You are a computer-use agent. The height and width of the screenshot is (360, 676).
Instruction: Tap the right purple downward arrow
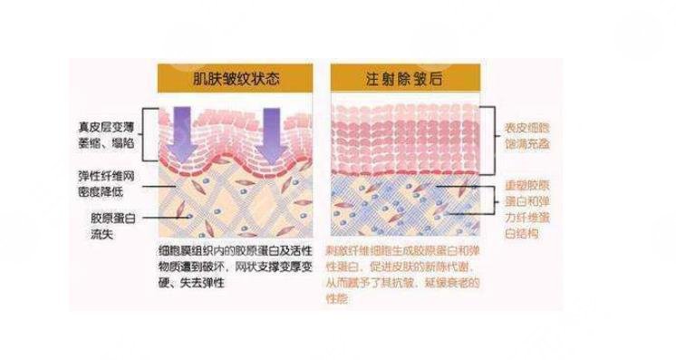pos(274,127)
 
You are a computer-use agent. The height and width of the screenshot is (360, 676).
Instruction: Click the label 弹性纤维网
pos(108,174)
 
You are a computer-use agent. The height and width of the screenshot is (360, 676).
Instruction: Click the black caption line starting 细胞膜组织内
pos(234,248)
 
